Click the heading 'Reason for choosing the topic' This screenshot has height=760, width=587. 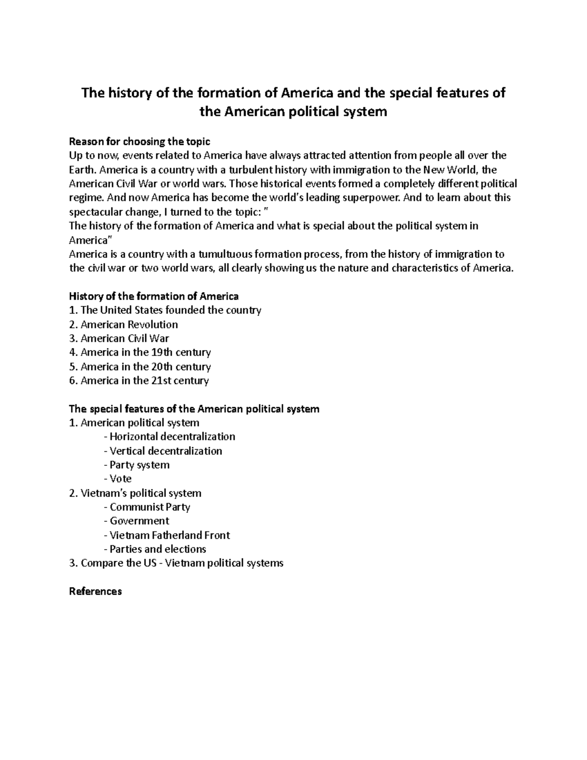[x=139, y=142]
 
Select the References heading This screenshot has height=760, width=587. [x=95, y=592]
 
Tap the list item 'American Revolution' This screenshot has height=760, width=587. [x=129, y=324]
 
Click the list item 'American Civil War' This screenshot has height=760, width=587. [x=125, y=339]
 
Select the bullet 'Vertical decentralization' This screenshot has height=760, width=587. [x=165, y=451]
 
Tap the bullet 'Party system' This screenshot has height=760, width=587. [x=139, y=465]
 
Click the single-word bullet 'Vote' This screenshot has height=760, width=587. [x=120, y=479]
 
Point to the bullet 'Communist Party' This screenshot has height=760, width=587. [x=150, y=507]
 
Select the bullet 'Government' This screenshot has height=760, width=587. [x=139, y=521]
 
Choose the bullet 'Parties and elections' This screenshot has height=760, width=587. [x=158, y=549]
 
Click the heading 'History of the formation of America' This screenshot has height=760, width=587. [x=154, y=297]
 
